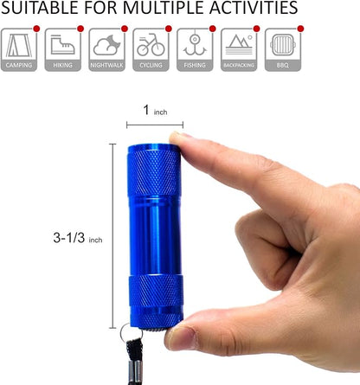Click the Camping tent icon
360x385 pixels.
(19, 45)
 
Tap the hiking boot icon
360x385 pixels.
(62, 45)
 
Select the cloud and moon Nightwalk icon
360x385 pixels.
(106, 45)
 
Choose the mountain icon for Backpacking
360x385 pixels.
(239, 45)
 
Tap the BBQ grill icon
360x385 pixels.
(283, 45)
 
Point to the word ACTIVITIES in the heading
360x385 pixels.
(254, 8)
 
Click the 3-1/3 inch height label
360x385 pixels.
(78, 238)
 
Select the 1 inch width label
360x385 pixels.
(155, 110)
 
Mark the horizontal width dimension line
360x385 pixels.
(155, 125)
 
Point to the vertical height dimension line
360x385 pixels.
(112, 236)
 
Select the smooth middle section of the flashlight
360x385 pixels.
(155, 236)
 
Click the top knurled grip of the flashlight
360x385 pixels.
(153, 171)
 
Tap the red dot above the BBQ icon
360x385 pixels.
(300, 29)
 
